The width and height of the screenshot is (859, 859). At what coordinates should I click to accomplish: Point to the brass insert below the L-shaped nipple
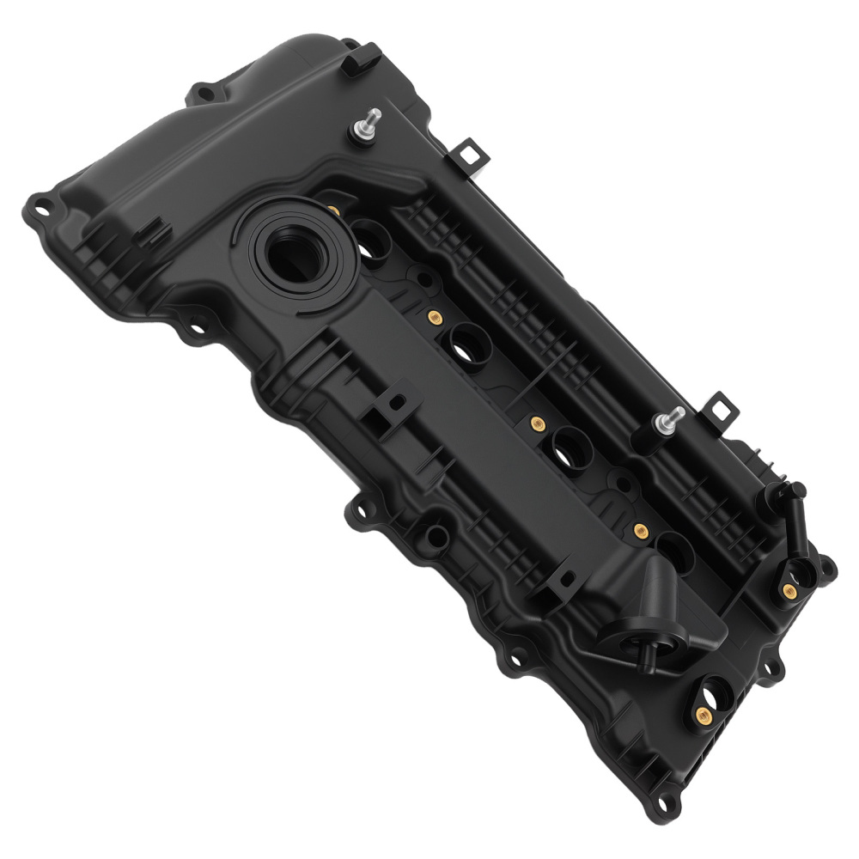[789, 589]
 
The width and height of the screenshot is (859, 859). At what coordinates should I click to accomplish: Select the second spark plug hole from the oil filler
[469, 344]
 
